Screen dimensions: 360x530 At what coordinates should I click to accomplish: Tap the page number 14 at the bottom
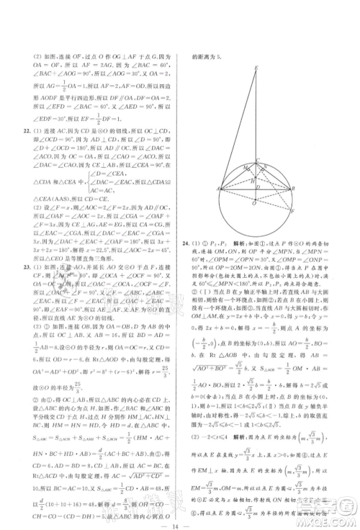click(182, 516)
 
